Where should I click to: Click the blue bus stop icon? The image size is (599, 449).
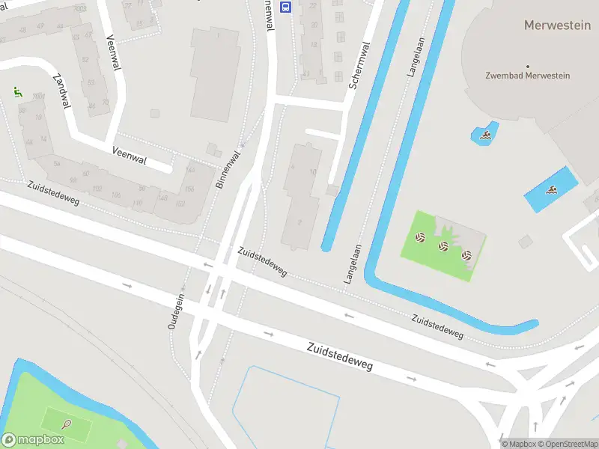285,7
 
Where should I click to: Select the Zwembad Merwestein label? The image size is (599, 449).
527,76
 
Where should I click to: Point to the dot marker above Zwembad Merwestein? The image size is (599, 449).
527,67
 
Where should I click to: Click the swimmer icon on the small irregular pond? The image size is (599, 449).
486,135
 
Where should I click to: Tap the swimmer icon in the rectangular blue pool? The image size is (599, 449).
552,190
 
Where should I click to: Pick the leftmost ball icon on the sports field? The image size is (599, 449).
420,238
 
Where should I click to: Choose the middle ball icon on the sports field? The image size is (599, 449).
443,245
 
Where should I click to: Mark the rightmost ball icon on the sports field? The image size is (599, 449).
466,255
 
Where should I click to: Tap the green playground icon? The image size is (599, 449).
17,92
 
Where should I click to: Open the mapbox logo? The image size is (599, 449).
33,440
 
